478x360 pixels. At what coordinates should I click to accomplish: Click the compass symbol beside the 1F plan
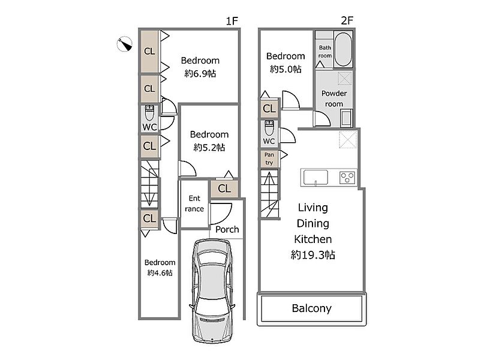[125, 44]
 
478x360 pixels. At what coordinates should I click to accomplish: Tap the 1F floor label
[232, 21]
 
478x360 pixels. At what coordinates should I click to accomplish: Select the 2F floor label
[347, 20]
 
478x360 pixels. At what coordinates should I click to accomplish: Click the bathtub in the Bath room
[343, 49]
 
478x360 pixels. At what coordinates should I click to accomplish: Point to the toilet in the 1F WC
[149, 113]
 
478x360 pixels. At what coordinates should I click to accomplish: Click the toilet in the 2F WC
[269, 128]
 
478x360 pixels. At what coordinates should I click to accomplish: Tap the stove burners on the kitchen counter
[347, 177]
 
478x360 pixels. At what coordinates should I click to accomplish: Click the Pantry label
[269, 158]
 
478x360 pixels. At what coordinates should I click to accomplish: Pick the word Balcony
[311, 308]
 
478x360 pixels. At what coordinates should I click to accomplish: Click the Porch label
[227, 229]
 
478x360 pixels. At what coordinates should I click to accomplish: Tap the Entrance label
[194, 203]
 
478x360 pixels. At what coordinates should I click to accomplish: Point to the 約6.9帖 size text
[200, 74]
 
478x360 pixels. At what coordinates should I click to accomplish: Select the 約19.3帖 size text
[313, 255]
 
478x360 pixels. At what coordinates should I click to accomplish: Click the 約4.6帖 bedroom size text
[160, 273]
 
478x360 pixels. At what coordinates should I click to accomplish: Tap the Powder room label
[334, 98]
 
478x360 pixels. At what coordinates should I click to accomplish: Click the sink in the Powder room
[346, 118]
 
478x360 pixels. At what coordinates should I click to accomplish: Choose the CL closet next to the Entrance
[224, 188]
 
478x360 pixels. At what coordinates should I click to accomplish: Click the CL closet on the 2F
[269, 109]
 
